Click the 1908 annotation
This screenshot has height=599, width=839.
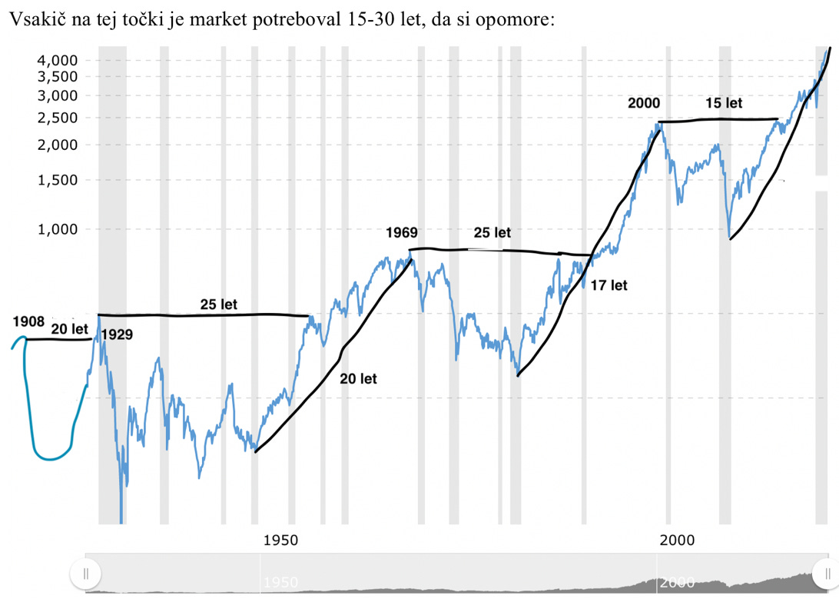28,321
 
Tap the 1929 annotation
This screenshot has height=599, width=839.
116,334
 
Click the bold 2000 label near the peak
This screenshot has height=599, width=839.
644,103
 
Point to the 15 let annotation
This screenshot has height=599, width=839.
724,103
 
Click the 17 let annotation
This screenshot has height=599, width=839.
609,285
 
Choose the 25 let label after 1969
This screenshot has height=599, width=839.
492,232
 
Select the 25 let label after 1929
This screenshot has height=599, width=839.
219,304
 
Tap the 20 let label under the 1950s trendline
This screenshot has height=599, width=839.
358,378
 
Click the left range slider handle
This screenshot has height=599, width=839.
85,573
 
